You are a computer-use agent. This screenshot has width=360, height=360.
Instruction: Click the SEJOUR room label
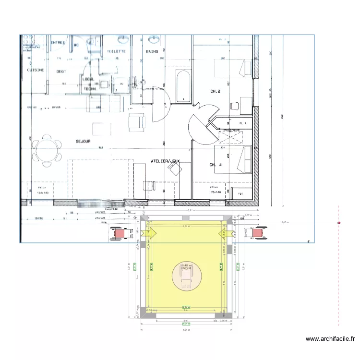click(84, 142)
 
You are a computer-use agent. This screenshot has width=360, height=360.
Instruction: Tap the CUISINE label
click(36, 70)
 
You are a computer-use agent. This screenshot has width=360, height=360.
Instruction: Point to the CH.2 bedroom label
click(215, 91)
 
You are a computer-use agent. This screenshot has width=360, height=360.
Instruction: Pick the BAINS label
click(152, 51)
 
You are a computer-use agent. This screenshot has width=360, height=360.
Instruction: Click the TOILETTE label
click(116, 51)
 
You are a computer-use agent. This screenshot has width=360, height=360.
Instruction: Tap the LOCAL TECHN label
click(89, 84)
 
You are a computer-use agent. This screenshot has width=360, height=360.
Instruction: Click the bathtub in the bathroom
click(183, 86)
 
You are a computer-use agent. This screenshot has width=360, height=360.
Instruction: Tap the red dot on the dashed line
click(339, 223)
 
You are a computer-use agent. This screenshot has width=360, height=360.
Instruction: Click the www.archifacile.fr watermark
click(331, 339)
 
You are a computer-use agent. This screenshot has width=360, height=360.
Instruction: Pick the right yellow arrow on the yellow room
click(222, 233)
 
